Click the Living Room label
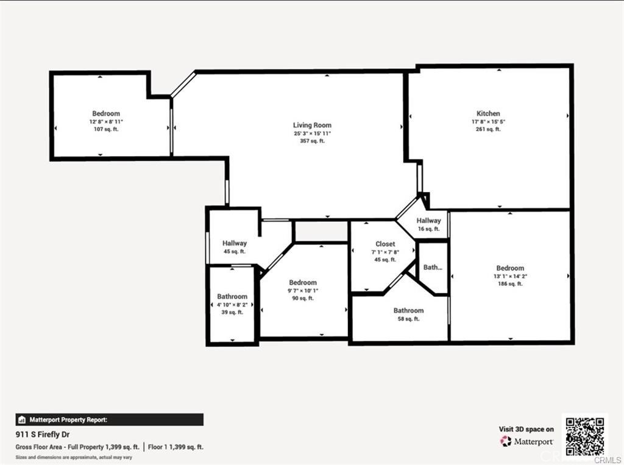click(312, 125)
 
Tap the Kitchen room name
click(488, 113)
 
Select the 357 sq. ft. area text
click(312, 141)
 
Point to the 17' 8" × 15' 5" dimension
click(488, 121)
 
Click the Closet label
click(385, 244)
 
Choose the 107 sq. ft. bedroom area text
click(106, 129)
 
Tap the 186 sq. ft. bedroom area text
click(510, 284)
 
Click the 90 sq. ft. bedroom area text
click(303, 298)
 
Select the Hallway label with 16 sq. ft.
click(428, 221)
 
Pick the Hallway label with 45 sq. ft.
click(234, 243)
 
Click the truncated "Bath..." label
click(433, 267)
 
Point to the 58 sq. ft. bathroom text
click(408, 319)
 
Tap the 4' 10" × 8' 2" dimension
click(232, 304)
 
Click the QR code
click(584, 435)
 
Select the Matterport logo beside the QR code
click(526, 441)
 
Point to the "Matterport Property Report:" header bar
click(109, 419)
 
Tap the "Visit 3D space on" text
click(526, 429)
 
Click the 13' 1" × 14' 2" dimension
click(510, 276)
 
